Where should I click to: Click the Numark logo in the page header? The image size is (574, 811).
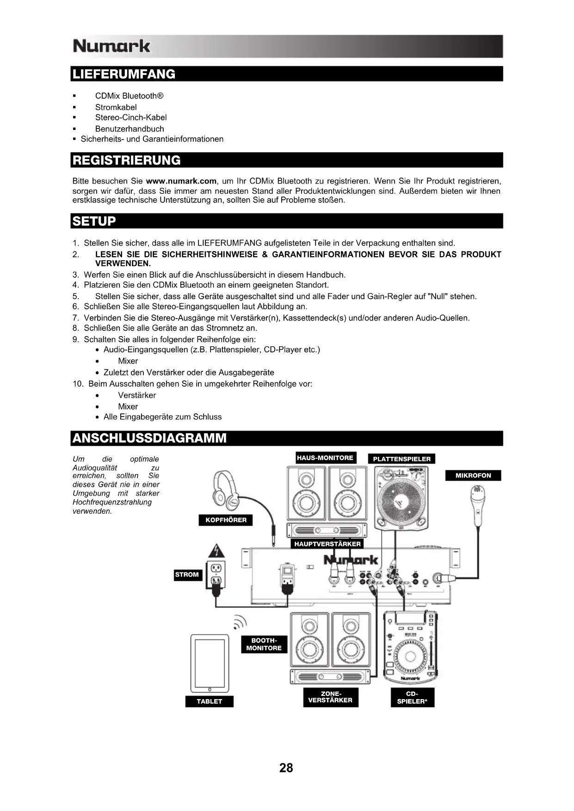[x=111, y=46]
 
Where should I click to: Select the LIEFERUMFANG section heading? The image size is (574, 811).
[x=124, y=74]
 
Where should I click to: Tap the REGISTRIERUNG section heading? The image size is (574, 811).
[x=127, y=160]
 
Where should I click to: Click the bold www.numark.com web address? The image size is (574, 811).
[x=181, y=181]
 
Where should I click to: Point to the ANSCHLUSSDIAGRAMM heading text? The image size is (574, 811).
[x=149, y=438]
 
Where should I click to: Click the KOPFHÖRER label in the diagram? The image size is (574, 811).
[x=226, y=520]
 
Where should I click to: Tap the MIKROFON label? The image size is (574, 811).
[x=473, y=475]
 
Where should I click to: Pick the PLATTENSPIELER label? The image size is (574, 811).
[x=401, y=459]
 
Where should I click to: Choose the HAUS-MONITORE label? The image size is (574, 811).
[x=325, y=458]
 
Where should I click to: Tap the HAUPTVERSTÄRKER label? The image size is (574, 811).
[x=327, y=544]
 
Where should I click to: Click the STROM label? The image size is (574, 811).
[x=187, y=575]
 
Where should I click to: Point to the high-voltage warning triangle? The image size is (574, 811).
[x=216, y=551]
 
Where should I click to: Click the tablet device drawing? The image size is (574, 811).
[x=210, y=663]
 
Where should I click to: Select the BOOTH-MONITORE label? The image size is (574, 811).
[x=264, y=644]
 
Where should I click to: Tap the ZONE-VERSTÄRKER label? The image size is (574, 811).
[x=330, y=697]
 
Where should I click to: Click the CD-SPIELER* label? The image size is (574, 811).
[x=412, y=697]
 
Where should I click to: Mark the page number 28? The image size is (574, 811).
[x=286, y=768]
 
